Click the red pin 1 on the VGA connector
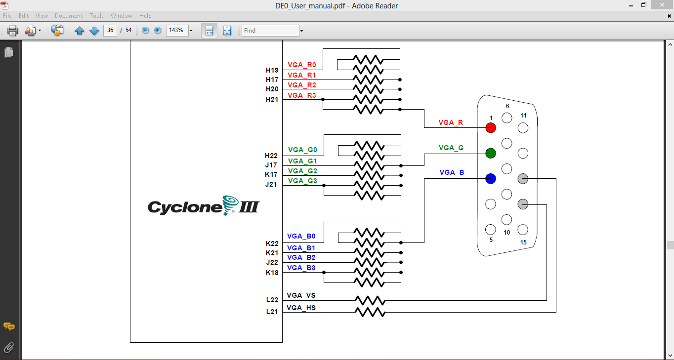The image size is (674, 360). pyautogui.click(x=491, y=127)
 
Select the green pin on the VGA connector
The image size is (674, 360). pyautogui.click(x=491, y=153)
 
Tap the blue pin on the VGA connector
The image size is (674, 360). pyautogui.click(x=491, y=179)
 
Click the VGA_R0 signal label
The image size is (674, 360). pyautogui.click(x=301, y=65)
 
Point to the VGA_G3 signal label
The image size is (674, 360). pyautogui.click(x=302, y=181)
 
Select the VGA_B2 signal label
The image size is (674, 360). pyautogui.click(x=301, y=257)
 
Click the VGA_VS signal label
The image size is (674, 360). pyautogui.click(x=301, y=295)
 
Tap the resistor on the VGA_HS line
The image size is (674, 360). pyautogui.click(x=370, y=312)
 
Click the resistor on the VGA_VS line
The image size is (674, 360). pyautogui.click(x=370, y=300)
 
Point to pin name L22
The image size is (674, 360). pyautogui.click(x=272, y=300)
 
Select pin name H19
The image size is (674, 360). pyautogui.click(x=272, y=70)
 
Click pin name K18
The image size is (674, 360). pyautogui.click(x=272, y=273)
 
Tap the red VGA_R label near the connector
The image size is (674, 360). pyautogui.click(x=451, y=122)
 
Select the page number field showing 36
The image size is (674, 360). pyautogui.click(x=110, y=30)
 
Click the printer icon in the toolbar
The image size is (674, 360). pyautogui.click(x=12, y=31)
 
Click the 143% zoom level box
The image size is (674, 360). pyautogui.click(x=176, y=30)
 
